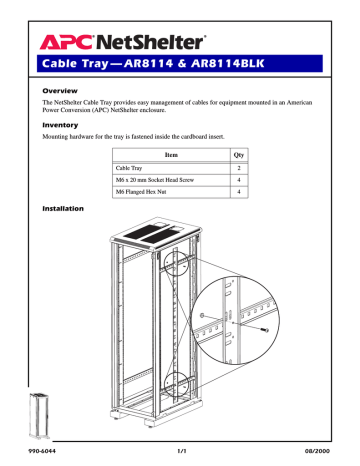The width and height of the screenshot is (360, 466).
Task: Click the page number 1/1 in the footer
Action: click(181, 453)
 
